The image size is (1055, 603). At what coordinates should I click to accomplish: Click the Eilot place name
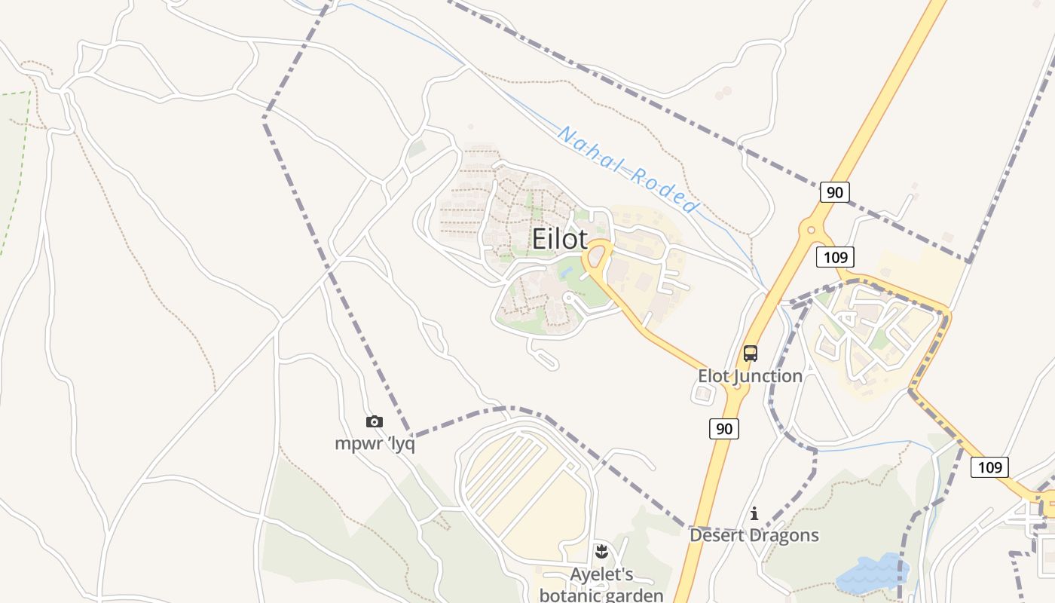[559, 239]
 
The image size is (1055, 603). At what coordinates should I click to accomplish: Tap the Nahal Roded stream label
[628, 170]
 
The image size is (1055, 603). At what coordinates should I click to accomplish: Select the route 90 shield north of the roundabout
[834, 192]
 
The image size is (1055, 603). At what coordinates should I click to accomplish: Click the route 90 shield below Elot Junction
[723, 429]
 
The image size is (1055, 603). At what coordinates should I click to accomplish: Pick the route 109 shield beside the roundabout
[835, 257]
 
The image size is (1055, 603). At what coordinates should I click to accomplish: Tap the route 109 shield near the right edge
[989, 467]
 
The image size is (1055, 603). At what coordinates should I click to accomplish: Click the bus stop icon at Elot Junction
[750, 354]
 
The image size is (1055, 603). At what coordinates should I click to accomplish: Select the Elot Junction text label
[750, 375]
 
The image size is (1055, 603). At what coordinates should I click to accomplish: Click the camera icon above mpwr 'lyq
[374, 422]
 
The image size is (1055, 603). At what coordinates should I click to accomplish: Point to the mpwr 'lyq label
[375, 444]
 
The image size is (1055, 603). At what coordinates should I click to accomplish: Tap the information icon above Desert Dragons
[754, 514]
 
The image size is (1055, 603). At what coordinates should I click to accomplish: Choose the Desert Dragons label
[754, 535]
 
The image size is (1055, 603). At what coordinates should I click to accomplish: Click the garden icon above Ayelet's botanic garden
[601, 552]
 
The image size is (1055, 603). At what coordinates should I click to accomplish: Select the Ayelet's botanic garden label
[601, 584]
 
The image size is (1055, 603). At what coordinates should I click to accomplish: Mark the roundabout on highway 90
[811, 228]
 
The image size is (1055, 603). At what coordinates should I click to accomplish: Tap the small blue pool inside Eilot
[566, 271]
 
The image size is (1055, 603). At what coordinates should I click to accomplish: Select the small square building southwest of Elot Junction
[704, 393]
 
